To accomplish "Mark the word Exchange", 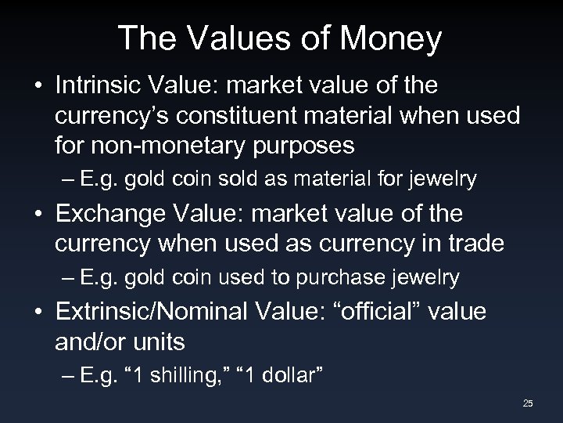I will tap(111, 213).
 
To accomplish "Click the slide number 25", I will tap(528, 403).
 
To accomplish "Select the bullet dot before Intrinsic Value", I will tap(38, 85).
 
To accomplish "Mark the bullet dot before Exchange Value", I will tap(38, 214).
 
